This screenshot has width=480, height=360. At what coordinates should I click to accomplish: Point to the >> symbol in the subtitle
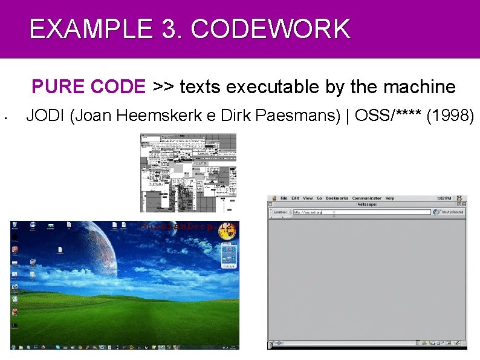pyautogui.click(x=163, y=87)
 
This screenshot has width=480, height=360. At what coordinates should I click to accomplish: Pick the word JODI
pyautogui.click(x=46, y=115)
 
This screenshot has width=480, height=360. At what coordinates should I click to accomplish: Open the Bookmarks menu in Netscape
pyautogui.click(x=337, y=198)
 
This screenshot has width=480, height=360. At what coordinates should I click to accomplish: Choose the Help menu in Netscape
pyautogui.click(x=390, y=198)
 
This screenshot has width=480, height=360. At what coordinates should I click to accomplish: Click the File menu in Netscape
pyautogui.click(x=284, y=198)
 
